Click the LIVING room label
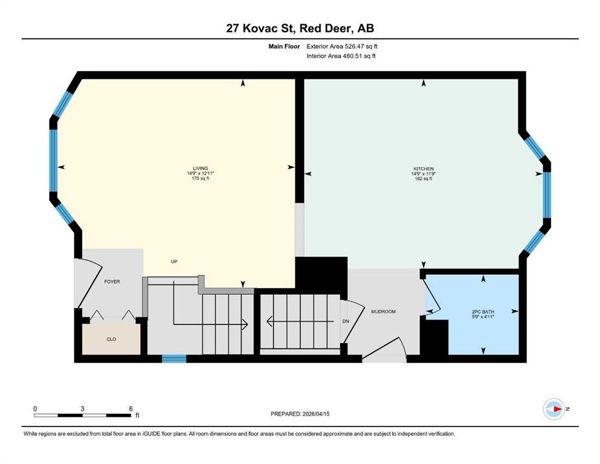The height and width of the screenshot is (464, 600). (201, 168)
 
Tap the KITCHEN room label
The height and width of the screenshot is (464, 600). (423, 169)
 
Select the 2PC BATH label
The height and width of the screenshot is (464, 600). (483, 312)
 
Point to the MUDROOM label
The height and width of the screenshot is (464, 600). (383, 312)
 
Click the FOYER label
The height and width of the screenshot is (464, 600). (112, 282)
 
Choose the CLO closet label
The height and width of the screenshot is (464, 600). (111, 340)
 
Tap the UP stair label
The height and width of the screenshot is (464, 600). (173, 262)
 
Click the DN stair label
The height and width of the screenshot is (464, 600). (346, 321)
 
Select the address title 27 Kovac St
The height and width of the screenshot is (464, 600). (300, 28)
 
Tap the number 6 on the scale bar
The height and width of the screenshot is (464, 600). (131, 408)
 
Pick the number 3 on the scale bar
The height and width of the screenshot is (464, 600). (83, 408)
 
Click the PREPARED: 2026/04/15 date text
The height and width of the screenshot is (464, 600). (300, 414)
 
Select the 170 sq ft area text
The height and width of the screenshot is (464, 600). (201, 179)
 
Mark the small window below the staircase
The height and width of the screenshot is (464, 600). (174, 359)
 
